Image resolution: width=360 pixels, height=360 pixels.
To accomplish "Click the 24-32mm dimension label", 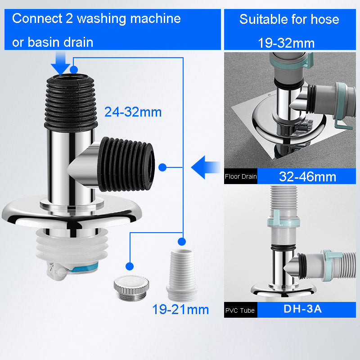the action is pyautogui.click(x=133, y=112).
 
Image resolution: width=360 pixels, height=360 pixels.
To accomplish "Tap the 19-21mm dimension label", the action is pyautogui.click(x=180, y=309).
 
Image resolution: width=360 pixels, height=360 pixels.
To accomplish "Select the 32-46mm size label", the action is pyautogui.click(x=307, y=176).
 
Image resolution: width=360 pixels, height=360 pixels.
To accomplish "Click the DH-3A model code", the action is pyautogui.click(x=302, y=309).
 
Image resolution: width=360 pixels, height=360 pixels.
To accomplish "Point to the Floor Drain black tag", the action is pyautogui.click(x=241, y=176).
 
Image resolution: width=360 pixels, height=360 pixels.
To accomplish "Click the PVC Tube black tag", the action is pyautogui.click(x=241, y=310).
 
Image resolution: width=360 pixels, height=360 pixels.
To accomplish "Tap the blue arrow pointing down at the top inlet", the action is pyautogui.click(x=60, y=63).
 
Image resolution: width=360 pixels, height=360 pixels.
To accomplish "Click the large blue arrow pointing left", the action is pyautogui.click(x=206, y=167).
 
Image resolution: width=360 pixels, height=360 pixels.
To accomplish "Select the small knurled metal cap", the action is pyautogui.click(x=131, y=288).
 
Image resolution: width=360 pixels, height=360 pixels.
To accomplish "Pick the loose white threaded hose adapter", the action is pyautogui.click(x=182, y=275).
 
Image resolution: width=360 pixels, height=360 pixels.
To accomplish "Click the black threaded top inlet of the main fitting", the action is pyautogui.click(x=71, y=103).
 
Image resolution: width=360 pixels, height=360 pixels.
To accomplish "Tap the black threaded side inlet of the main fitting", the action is pyautogui.click(x=126, y=164).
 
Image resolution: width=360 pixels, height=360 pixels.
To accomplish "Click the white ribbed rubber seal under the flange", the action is pyautogui.click(x=72, y=247).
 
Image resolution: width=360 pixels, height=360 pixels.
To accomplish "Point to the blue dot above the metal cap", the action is pyautogui.click(x=130, y=266).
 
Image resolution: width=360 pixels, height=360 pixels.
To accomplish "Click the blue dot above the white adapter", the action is pyautogui.click(x=182, y=242).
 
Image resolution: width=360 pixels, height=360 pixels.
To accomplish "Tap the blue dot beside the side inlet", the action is pyautogui.click(x=162, y=167).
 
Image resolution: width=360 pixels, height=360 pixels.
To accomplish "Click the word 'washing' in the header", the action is pyautogui.click(x=101, y=19).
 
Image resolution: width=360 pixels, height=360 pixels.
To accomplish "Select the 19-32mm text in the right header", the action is pyautogui.click(x=286, y=43).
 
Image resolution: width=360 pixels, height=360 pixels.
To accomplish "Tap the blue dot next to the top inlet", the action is pyautogui.click(x=74, y=69).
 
